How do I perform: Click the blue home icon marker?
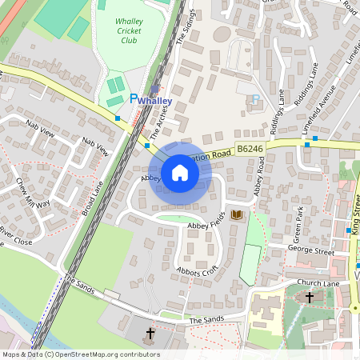pyautogui.click(x=180, y=172)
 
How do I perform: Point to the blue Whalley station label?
pyautogui.click(x=154, y=102)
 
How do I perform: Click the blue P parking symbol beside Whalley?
pyautogui.click(x=134, y=98)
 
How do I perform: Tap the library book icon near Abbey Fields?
pyautogui.click(x=236, y=215)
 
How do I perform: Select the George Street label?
pyautogui.click(x=311, y=251)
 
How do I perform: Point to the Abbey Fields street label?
pyautogui.click(x=206, y=227)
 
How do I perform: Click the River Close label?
pyautogui.click(x=15, y=235)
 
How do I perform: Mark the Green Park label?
pyautogui.click(x=298, y=228)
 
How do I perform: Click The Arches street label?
pyautogui.click(x=158, y=120)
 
